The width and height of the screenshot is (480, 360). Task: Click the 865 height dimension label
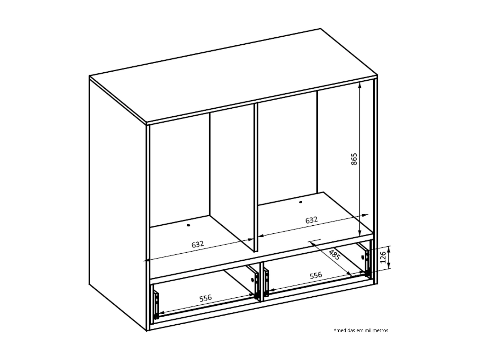pyautogui.click(x=354, y=159)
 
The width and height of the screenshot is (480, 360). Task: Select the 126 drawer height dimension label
pyautogui.click(x=383, y=257)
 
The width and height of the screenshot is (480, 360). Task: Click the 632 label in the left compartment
pyautogui.click(x=198, y=244)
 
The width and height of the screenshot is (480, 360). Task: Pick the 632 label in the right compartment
pyautogui.click(x=311, y=220)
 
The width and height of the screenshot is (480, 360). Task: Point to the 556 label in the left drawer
pyautogui.click(x=205, y=298)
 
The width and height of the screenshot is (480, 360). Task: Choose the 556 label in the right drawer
pyautogui.click(x=316, y=275)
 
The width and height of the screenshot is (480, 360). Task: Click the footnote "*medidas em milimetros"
pyautogui.click(x=361, y=330)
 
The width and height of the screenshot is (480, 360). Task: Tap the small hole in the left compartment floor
pyautogui.click(x=189, y=225)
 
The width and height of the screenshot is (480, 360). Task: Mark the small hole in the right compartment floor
pyautogui.click(x=301, y=202)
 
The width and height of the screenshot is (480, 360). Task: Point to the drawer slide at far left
pyautogui.click(x=156, y=304)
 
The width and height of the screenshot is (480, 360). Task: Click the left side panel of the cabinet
pyautogui.click(x=117, y=199)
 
